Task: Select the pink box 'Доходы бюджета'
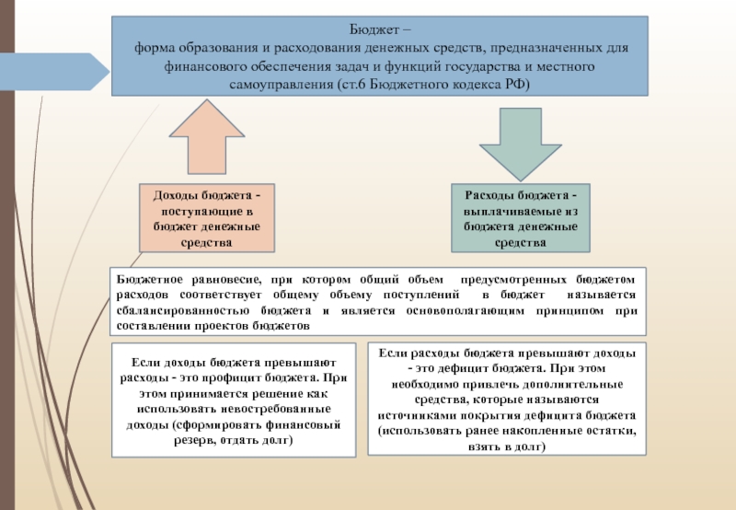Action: click(x=207, y=219)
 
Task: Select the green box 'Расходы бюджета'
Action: click(x=521, y=219)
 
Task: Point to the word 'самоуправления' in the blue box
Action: click(x=273, y=84)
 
